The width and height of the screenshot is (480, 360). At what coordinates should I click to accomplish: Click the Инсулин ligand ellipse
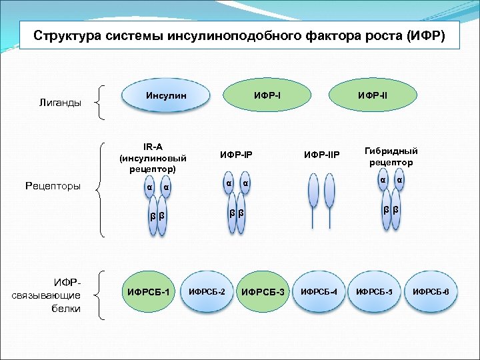click(x=165, y=97)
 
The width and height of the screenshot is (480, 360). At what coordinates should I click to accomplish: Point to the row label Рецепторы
click(x=53, y=186)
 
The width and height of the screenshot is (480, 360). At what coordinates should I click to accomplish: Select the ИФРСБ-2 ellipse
click(x=207, y=292)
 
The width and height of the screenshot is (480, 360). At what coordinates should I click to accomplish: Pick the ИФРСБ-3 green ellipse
click(x=263, y=292)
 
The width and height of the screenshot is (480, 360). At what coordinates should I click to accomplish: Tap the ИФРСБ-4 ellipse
click(x=319, y=292)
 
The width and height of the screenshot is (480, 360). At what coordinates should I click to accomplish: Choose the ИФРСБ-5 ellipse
click(x=375, y=292)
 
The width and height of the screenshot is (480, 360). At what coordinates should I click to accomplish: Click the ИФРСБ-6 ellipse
click(x=431, y=292)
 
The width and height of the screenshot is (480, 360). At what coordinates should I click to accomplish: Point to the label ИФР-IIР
click(x=322, y=155)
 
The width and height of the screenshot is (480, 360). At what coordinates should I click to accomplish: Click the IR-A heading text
click(x=153, y=147)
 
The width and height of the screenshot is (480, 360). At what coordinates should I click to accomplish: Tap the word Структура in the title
click(x=65, y=35)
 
